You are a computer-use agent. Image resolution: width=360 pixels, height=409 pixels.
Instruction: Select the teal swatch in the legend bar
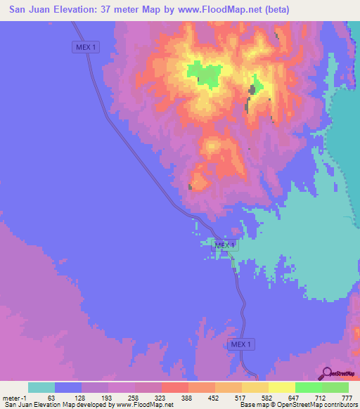coord(41,387)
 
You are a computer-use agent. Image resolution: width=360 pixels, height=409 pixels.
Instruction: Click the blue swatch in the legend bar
coord(68,387)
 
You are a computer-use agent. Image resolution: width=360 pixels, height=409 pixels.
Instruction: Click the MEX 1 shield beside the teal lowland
coord(226,245)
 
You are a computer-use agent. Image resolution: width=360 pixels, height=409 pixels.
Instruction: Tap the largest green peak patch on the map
coord(205,72)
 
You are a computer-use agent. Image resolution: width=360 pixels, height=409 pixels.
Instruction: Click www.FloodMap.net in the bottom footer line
coord(145,405)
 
